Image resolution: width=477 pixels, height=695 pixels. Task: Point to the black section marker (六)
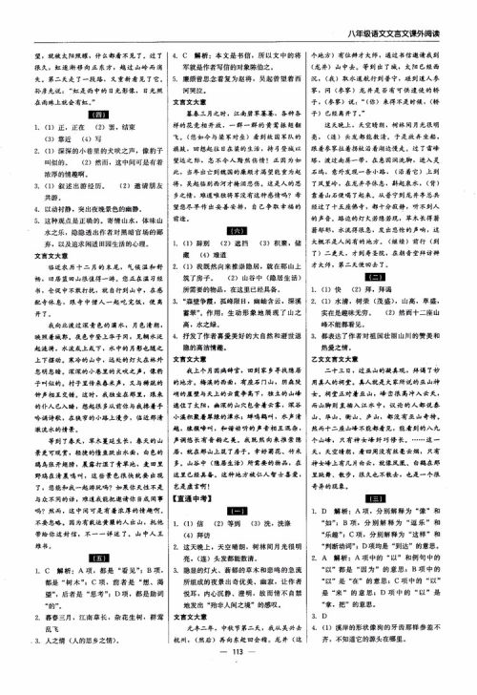[x=238, y=229]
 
